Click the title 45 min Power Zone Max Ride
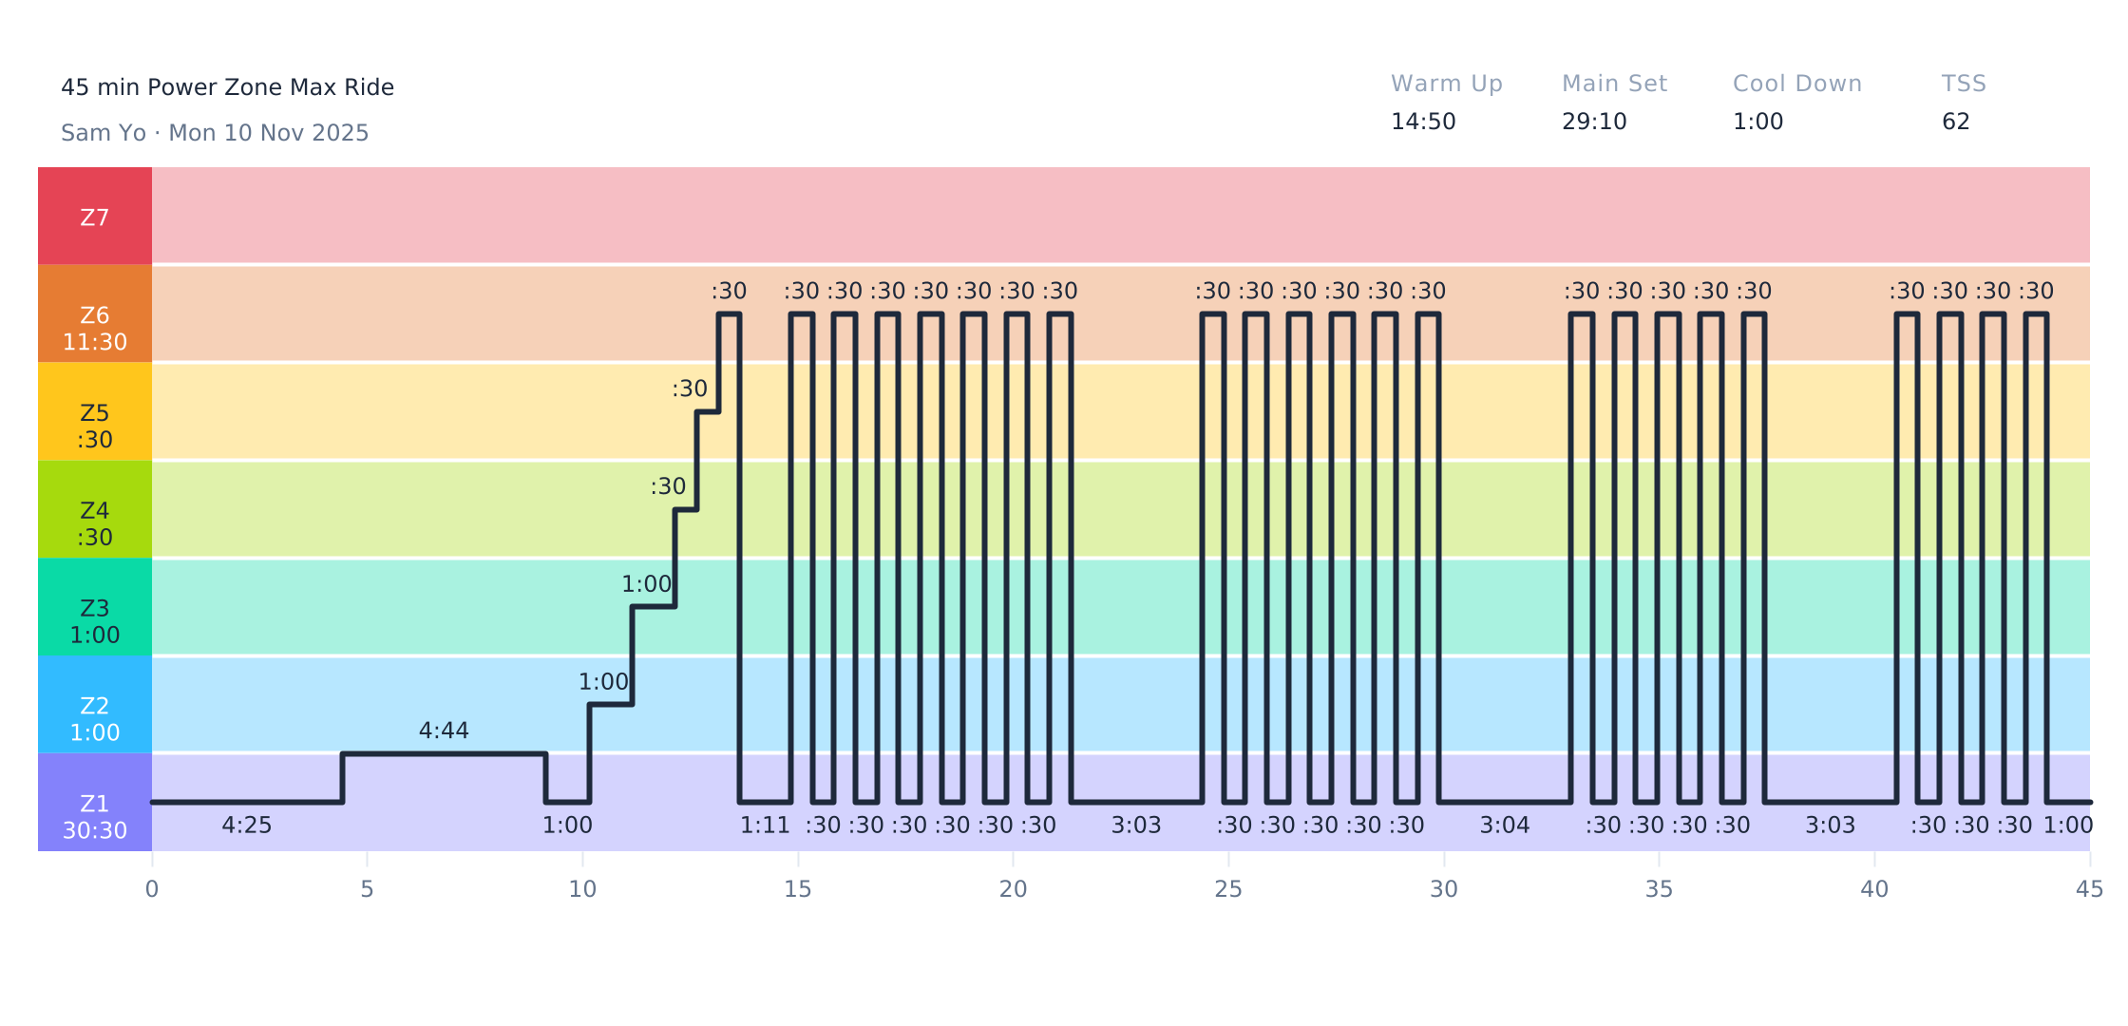(x=227, y=87)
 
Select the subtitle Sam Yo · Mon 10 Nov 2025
(x=215, y=133)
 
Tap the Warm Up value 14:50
(x=1422, y=122)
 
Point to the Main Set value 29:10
(x=1594, y=122)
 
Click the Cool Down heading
(x=1796, y=84)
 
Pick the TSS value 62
(x=1955, y=122)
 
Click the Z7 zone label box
(x=95, y=217)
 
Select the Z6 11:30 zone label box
(x=95, y=314)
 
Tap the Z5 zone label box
(x=95, y=412)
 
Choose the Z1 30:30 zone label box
(x=95, y=803)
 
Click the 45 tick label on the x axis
(x=2089, y=889)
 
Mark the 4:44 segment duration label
(x=444, y=731)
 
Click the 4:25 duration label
(x=246, y=826)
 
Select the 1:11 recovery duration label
(x=765, y=826)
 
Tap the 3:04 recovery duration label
(x=1504, y=826)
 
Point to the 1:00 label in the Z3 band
(x=646, y=584)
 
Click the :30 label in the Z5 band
(x=690, y=389)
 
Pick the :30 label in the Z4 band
(x=668, y=486)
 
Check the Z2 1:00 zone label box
(x=95, y=705)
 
